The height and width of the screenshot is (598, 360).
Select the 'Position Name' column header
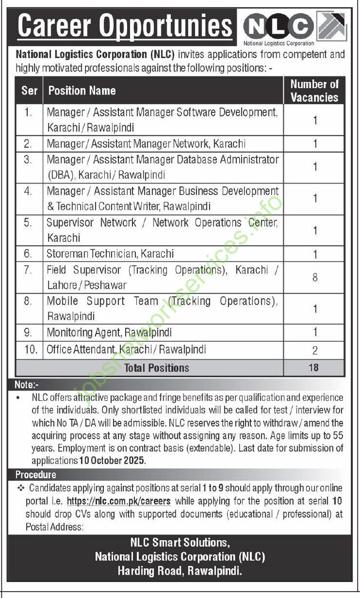[82, 91]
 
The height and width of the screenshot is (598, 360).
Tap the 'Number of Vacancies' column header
[314, 91]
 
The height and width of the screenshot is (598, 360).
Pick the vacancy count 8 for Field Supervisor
[315, 277]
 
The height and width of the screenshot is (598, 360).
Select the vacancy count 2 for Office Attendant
[315, 350]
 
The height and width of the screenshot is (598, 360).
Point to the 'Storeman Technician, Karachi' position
[110, 254]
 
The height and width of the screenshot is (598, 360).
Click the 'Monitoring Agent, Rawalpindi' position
[109, 333]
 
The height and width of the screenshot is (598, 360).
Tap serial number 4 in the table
[28, 191]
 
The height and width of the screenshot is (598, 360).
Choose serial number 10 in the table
[30, 349]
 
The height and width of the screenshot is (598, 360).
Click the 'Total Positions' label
[156, 368]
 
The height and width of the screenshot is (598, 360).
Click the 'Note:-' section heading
[30, 384]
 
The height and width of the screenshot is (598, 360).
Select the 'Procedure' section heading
[36, 474]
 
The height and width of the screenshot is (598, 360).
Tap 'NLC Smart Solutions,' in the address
[179, 542]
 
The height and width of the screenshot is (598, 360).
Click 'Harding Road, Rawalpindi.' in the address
[179, 571]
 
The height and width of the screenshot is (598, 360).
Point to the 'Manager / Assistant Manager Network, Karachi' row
[146, 144]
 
